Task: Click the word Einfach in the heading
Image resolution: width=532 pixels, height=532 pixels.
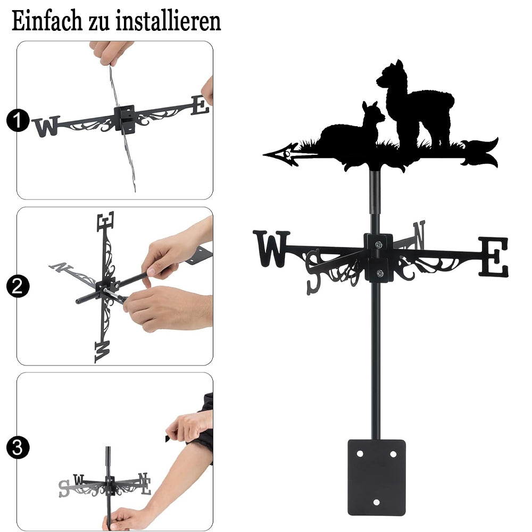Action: click(x=47, y=21)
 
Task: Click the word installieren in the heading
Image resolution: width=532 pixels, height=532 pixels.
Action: click(x=168, y=21)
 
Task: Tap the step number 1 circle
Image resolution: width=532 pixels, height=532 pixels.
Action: click(x=18, y=120)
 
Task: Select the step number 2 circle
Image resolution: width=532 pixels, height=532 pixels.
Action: click(x=18, y=286)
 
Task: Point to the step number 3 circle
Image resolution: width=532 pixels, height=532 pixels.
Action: click(x=18, y=447)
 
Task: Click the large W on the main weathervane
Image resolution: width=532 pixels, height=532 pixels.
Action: click(x=271, y=248)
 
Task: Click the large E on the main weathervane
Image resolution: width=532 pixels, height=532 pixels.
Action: click(x=494, y=257)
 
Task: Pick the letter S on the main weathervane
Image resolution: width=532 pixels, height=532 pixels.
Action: click(x=314, y=272)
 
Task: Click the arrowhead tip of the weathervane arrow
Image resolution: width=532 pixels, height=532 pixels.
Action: click(x=264, y=155)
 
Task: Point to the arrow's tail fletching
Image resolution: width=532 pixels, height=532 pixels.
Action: click(x=479, y=153)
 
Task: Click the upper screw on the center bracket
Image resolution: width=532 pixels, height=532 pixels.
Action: click(x=379, y=244)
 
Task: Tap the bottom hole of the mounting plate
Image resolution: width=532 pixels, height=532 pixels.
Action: click(x=376, y=503)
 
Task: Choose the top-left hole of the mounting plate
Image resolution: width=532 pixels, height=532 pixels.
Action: click(x=360, y=453)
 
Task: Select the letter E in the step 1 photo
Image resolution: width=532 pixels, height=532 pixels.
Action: click(x=200, y=105)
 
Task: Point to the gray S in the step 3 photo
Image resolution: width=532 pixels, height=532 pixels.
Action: click(x=64, y=489)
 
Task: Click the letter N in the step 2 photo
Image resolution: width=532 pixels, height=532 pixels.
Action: click(x=61, y=267)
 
